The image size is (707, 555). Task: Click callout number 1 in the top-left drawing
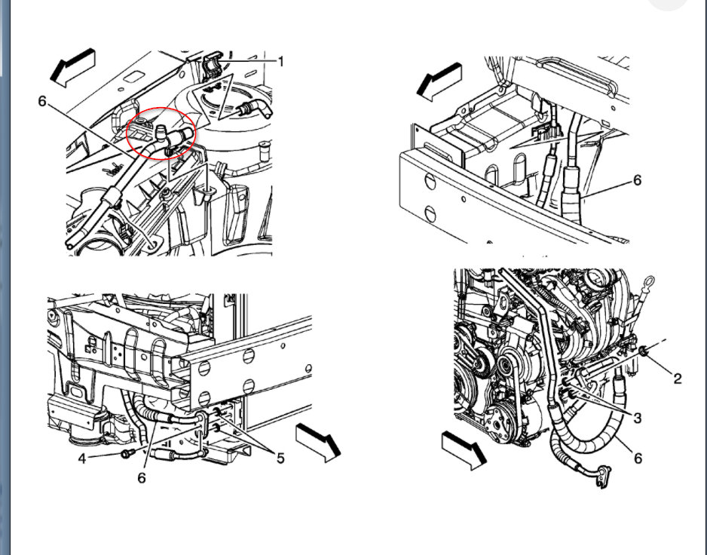tap(280, 61)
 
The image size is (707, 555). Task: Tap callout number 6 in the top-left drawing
tap(43, 100)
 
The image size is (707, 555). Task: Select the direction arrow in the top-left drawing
tap(72, 66)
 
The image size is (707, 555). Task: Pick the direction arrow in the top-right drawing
tap(440, 78)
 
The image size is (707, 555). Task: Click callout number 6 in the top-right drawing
tap(637, 180)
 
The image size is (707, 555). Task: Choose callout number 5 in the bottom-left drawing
tap(280, 458)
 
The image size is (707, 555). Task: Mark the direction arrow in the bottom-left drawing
tap(317, 441)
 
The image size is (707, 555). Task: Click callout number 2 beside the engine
tap(677, 379)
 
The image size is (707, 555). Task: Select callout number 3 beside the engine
tap(638, 417)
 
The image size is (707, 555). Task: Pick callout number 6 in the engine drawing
tap(638, 458)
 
